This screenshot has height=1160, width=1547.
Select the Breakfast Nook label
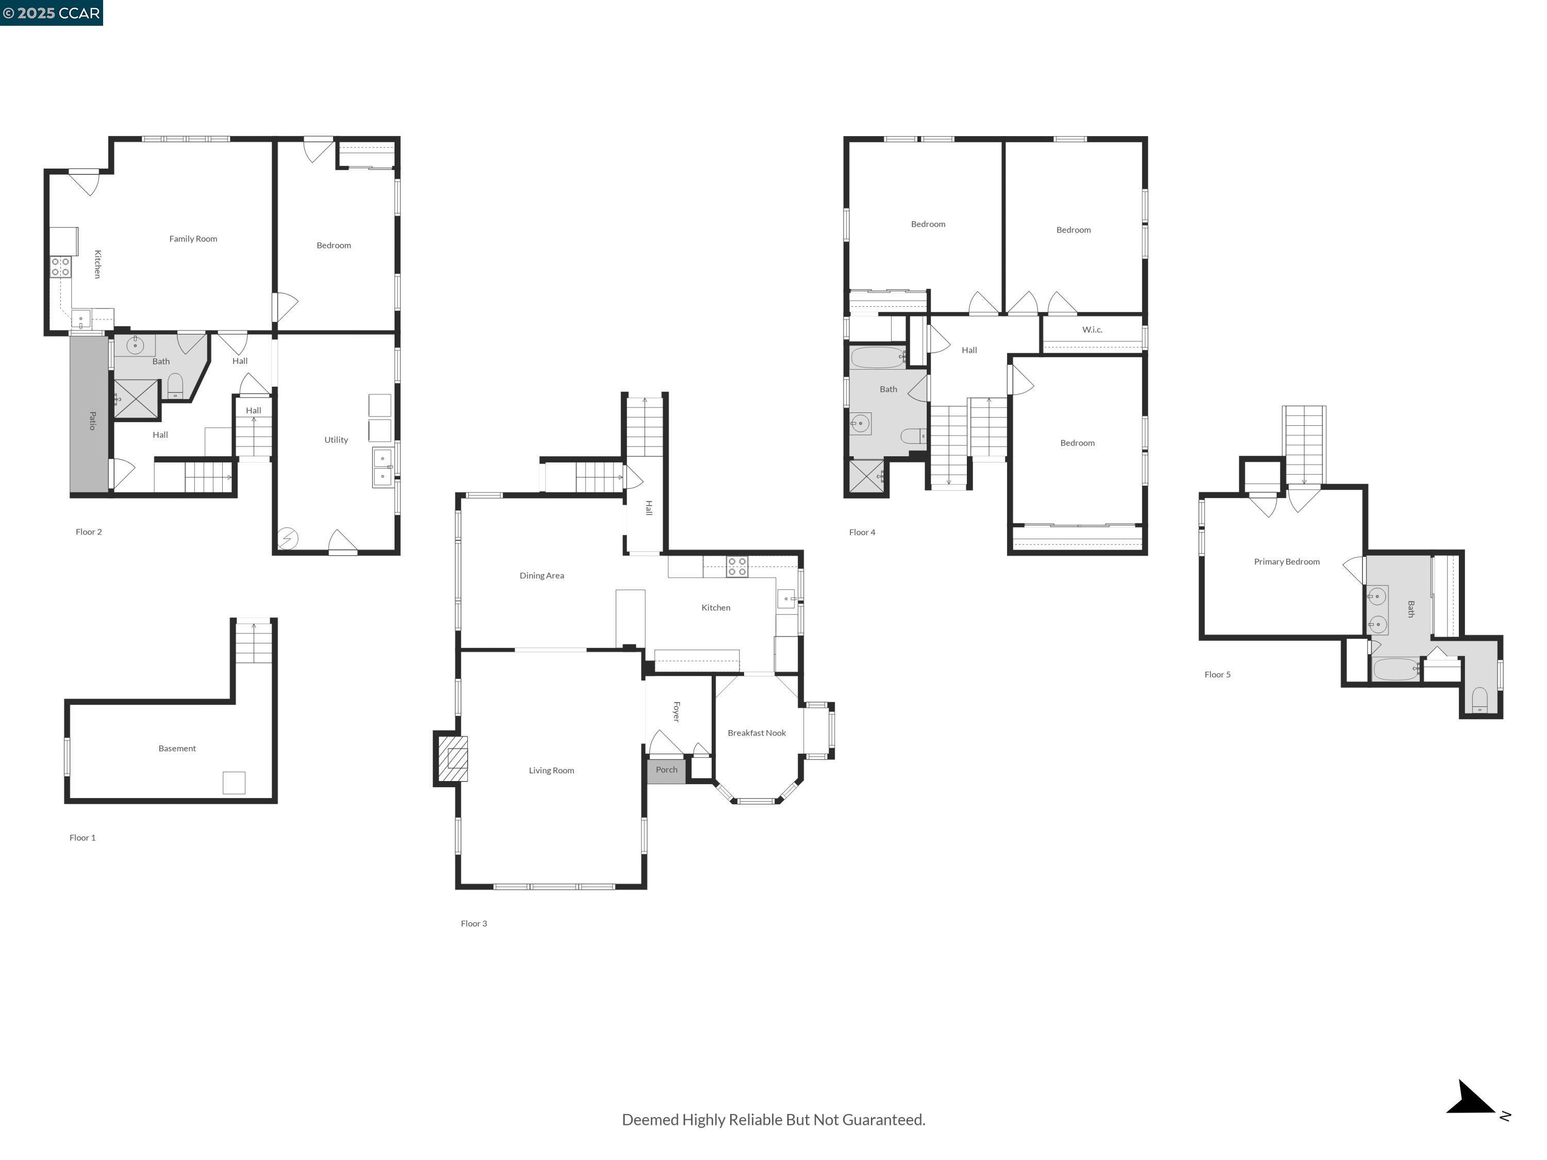pyautogui.click(x=756, y=733)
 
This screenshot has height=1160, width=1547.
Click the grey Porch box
pyautogui.click(x=666, y=770)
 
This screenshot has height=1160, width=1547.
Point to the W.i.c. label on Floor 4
pyautogui.click(x=1092, y=329)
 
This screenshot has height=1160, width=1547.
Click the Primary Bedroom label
pyautogui.click(x=1286, y=561)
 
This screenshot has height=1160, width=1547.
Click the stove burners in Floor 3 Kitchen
pyautogui.click(x=736, y=567)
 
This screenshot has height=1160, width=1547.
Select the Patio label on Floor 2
pyautogui.click(x=92, y=420)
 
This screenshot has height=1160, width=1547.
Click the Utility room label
pyautogui.click(x=336, y=440)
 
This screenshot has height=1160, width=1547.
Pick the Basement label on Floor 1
pyautogui.click(x=177, y=748)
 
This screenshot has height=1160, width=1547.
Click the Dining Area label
pyautogui.click(x=541, y=575)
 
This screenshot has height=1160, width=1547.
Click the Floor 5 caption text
pyautogui.click(x=1217, y=675)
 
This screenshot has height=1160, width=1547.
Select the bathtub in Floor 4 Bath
pyautogui.click(x=877, y=357)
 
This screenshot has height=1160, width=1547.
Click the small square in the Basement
pyautogui.click(x=234, y=783)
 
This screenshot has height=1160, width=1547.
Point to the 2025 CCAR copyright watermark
pyautogui.click(x=51, y=12)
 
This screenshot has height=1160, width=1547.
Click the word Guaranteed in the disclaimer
pyautogui.click(x=883, y=1119)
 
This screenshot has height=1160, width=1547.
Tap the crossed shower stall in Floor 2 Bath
pyautogui.click(x=136, y=399)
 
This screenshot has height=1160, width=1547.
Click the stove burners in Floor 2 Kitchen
pyautogui.click(x=60, y=267)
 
